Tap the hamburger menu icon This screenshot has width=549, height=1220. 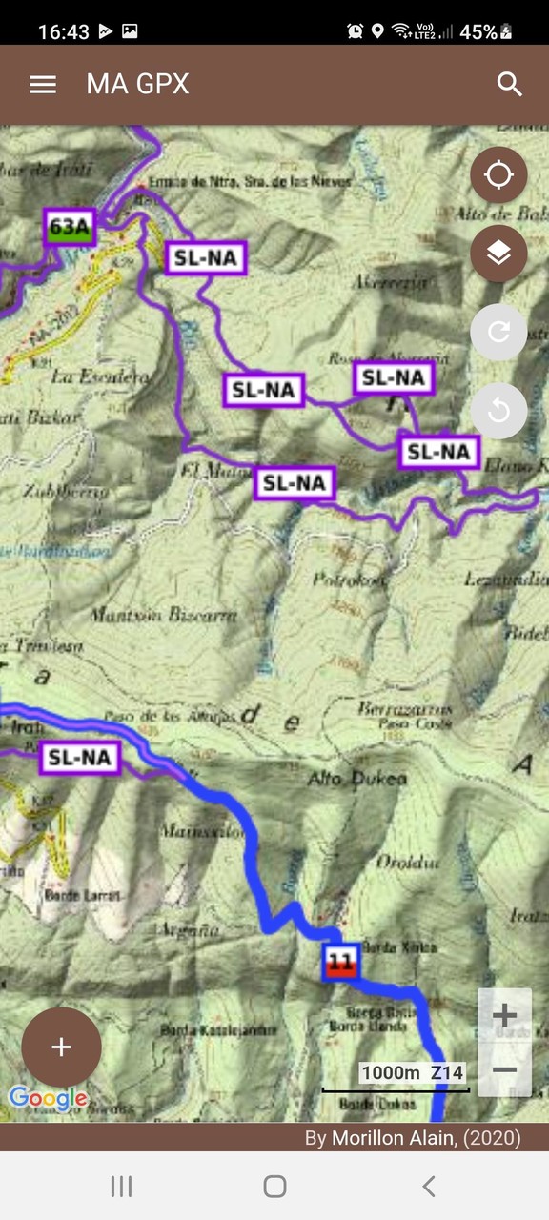[43, 84]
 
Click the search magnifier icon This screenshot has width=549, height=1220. [510, 84]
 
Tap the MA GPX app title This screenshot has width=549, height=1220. [137, 84]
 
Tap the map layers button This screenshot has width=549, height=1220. [498, 254]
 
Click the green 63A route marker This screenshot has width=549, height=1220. [70, 228]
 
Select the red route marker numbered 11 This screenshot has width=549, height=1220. [340, 962]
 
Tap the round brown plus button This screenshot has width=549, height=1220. [61, 1047]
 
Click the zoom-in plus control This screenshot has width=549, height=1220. [504, 1016]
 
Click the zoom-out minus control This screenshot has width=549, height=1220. [504, 1069]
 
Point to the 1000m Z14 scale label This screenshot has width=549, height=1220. [412, 1072]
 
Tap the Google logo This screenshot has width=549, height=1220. [48, 1098]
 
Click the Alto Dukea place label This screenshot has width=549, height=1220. [356, 779]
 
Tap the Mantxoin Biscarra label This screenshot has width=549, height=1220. [163, 615]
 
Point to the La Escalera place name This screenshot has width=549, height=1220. [100, 376]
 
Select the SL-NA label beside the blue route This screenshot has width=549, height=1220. [80, 758]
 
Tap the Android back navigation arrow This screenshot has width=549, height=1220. [429, 1186]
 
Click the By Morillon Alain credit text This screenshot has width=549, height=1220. [412, 1137]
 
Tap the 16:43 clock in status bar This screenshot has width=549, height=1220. [63, 31]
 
